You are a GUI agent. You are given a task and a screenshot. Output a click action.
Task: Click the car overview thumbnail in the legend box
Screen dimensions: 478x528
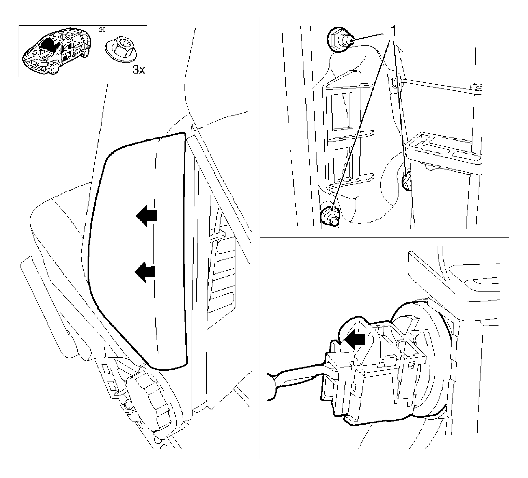(x=57, y=51)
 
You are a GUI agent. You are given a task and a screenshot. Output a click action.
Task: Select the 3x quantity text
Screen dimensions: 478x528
(x=139, y=70)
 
